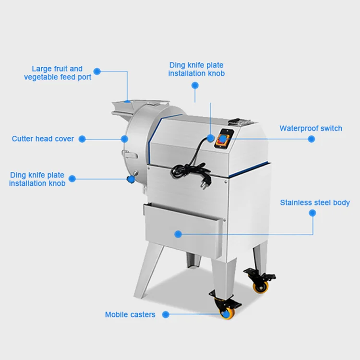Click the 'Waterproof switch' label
coord(311,129)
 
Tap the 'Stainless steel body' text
coord(315,203)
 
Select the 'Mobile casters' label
coord(130,315)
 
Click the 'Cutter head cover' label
coord(43,139)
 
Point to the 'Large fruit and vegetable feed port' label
coord(58,73)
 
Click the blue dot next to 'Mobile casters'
coord(166,315)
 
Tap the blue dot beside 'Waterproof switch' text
coord(311,139)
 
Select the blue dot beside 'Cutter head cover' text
coord(82,139)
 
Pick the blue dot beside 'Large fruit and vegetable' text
coord(97,71)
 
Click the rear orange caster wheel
coord(261,287)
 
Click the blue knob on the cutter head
coord(130,179)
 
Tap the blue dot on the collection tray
coord(178,234)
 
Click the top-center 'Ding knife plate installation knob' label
coord(196,69)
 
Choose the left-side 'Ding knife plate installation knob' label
coord(37,180)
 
